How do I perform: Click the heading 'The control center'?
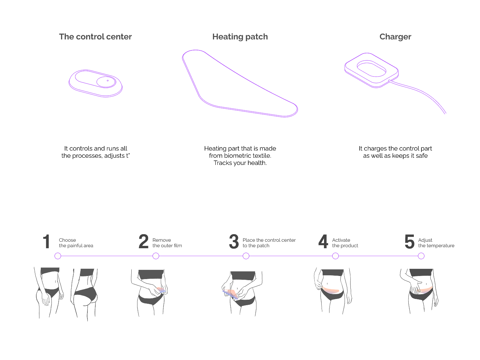pos(95,37)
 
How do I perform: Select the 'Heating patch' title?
pos(240,37)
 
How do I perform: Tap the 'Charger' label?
pos(395,37)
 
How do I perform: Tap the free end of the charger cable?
pos(445,113)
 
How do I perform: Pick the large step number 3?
pos(234,242)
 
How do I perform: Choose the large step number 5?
pos(409,242)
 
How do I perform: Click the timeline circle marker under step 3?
pos(246,256)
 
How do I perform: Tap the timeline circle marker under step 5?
pos(421,256)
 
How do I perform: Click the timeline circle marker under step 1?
pos(58,256)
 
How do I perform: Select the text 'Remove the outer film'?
pos(167,243)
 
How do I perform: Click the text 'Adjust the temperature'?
pos(436,243)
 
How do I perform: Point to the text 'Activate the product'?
pos(345,243)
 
